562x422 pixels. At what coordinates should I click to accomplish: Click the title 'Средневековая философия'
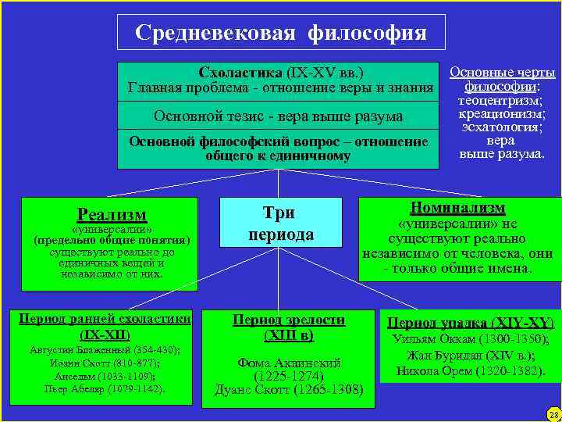(x=280, y=33)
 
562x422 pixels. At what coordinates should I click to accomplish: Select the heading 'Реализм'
(x=112, y=214)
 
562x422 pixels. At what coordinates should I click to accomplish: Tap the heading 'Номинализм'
(x=457, y=208)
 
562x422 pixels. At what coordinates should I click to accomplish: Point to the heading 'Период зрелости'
(x=289, y=319)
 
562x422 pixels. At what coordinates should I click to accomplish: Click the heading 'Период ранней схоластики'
(x=105, y=319)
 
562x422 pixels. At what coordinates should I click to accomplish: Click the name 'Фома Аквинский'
(x=288, y=362)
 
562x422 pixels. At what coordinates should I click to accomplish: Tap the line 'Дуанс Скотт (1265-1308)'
(x=289, y=388)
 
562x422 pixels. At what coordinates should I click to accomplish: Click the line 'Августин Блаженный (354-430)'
(x=105, y=349)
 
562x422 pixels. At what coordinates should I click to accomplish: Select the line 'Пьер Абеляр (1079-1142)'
(x=105, y=388)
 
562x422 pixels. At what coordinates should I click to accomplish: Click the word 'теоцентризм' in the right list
(x=501, y=101)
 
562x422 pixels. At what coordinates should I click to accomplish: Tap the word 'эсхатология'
(x=501, y=127)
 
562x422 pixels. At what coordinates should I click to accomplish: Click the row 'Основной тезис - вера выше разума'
(x=279, y=116)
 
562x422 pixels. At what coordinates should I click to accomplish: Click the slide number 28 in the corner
(x=553, y=413)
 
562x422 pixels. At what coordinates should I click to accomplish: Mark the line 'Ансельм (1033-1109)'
(x=105, y=376)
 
